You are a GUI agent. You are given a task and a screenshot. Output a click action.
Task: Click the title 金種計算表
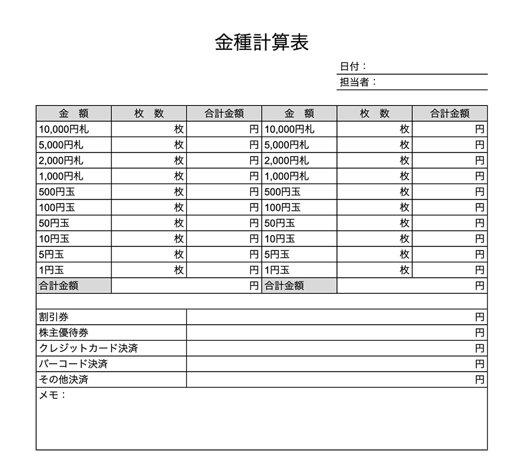[x=262, y=43]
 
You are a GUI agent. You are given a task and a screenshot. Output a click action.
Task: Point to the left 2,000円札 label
[x=61, y=160]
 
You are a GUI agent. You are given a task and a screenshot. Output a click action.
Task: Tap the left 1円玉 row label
[x=51, y=270]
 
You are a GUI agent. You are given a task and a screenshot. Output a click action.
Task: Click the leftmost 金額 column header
[x=74, y=113]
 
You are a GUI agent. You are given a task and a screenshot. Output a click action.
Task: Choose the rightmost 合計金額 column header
[x=450, y=113]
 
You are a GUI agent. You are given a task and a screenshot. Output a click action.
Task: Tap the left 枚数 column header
[x=149, y=113]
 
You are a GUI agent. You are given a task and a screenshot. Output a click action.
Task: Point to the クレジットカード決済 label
[x=88, y=348]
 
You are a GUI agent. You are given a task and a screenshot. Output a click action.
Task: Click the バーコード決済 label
[x=74, y=364]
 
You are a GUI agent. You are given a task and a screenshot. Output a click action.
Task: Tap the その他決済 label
[x=64, y=379]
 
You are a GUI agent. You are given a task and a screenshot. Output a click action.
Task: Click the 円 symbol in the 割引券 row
[x=479, y=317]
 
